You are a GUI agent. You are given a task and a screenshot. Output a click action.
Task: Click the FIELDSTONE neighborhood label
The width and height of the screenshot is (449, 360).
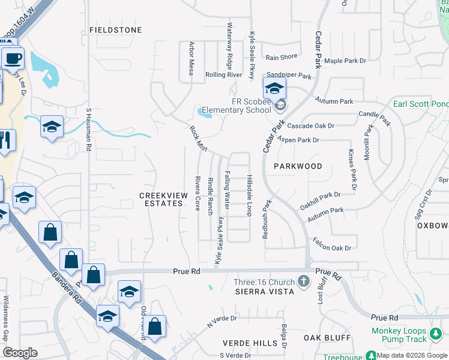[115, 29]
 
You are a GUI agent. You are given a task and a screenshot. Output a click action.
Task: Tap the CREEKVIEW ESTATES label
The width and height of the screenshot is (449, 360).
[161, 199]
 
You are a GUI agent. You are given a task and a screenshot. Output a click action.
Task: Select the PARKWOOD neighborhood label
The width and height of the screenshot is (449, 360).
[298, 166]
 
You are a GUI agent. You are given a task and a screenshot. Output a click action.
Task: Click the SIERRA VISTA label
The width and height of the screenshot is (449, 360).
[265, 291]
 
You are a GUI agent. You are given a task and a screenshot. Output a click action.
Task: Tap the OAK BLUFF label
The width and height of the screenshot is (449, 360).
[327, 338]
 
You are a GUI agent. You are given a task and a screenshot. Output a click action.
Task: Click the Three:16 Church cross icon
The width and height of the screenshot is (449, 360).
[304, 281]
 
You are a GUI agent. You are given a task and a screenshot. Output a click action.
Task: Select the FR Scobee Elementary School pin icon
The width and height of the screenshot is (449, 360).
[280, 106]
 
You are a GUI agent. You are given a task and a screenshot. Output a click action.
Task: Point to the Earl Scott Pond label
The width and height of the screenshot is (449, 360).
[421, 104]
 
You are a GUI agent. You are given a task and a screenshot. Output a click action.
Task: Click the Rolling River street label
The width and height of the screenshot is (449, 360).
[223, 75]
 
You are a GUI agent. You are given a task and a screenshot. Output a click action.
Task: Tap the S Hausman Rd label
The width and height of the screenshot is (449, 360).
[88, 129]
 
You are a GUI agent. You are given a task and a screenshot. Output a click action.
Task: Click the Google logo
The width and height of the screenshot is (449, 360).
[20, 353]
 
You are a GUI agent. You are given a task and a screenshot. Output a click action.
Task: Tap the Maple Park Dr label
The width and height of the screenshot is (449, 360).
[345, 61]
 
